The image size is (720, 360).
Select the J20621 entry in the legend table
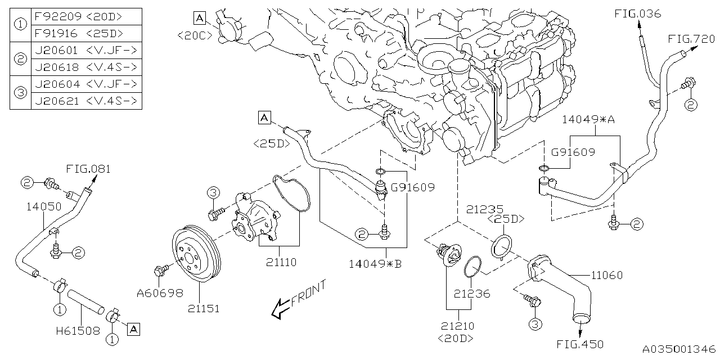pos(55,101)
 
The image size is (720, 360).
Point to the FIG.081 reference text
pos(88,168)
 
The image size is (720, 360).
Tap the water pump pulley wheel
pos(196,256)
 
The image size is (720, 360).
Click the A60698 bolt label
pos(160,292)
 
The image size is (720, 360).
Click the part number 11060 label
pos(606,275)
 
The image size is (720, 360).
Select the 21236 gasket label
pos(472,293)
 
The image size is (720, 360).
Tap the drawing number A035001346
pos(680,349)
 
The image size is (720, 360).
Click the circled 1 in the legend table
pos(20,25)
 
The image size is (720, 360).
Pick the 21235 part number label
pos(485,209)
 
